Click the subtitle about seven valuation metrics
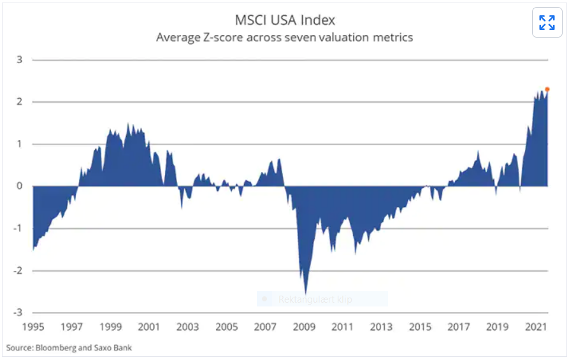coord(284,38)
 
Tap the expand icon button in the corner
coord(547,23)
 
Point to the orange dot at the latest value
coord(547,89)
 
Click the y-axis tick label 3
coord(20,60)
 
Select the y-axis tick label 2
coord(20,102)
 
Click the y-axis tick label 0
coord(20,186)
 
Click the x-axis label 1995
coord(33,328)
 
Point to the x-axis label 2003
coord(187,328)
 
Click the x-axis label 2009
coord(304,328)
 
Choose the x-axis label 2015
coord(420,328)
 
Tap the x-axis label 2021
coord(536,328)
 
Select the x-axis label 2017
coord(459,328)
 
